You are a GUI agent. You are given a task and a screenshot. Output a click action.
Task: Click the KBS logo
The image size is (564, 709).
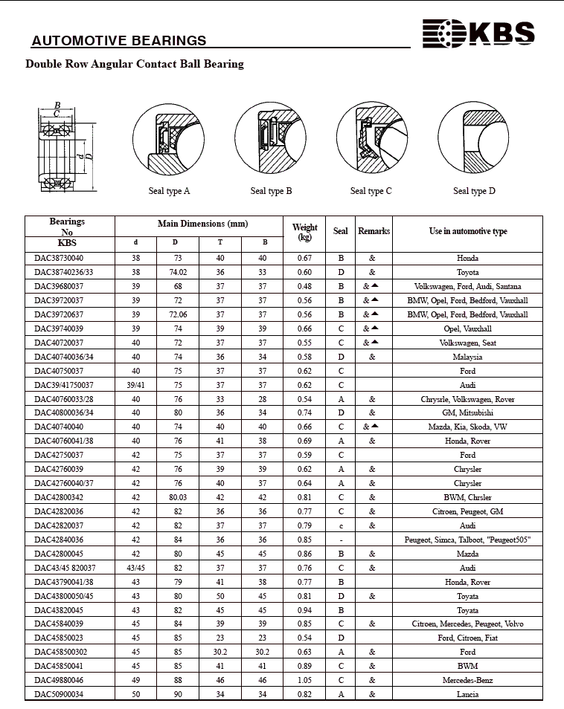(478, 33)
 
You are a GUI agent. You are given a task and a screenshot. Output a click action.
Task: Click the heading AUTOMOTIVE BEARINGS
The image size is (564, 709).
(119, 41)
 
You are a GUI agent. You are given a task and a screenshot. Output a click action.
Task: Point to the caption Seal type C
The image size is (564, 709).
(371, 191)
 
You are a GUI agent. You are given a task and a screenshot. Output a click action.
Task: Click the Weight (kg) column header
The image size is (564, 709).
(304, 233)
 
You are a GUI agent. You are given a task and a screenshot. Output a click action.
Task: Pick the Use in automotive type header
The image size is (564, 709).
(467, 231)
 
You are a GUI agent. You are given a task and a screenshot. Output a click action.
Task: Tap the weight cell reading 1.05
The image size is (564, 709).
(304, 680)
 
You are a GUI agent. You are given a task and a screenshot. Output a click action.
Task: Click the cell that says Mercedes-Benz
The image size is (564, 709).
(467, 680)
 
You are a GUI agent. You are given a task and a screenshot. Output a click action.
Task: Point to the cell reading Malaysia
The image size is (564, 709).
(467, 357)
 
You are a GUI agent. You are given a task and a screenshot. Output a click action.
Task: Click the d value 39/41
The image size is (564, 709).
(135, 385)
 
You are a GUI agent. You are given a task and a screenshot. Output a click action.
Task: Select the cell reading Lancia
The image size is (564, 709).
(467, 694)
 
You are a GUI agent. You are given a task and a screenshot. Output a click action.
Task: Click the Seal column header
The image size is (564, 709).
(340, 231)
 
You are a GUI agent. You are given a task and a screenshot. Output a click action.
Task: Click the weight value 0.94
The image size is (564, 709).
(304, 610)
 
